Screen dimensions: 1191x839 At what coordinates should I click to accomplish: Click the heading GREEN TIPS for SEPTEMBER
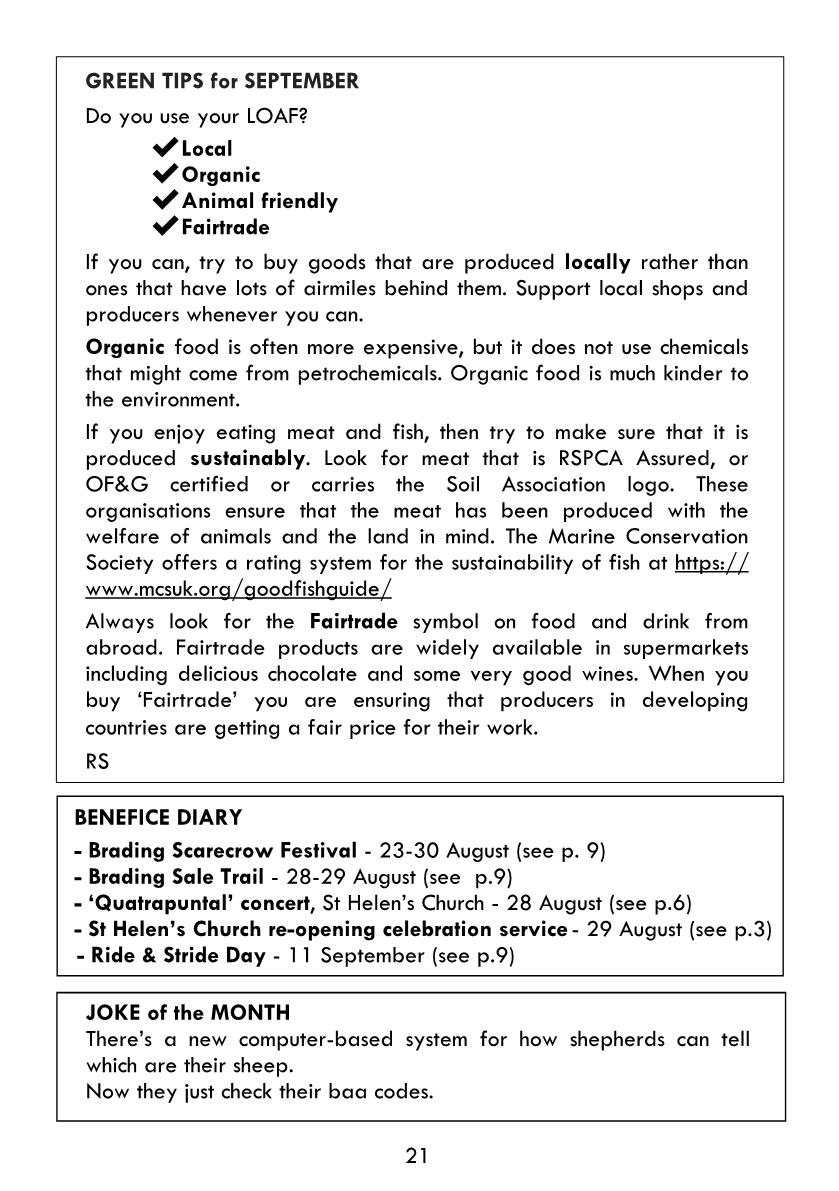(x=222, y=82)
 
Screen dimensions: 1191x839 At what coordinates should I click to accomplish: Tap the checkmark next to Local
(x=165, y=149)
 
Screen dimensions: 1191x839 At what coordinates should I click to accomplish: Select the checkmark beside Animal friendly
(x=165, y=201)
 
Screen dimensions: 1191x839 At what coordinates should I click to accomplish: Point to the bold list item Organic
(x=221, y=175)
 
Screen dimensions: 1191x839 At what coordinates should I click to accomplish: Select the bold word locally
(x=597, y=263)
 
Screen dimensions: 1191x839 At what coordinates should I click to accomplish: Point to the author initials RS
(x=97, y=761)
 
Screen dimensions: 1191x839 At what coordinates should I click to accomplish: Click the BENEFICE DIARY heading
(x=158, y=818)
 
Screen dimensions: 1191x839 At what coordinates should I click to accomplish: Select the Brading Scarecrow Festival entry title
(x=222, y=851)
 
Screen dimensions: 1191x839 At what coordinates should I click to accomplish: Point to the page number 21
(x=418, y=1156)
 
